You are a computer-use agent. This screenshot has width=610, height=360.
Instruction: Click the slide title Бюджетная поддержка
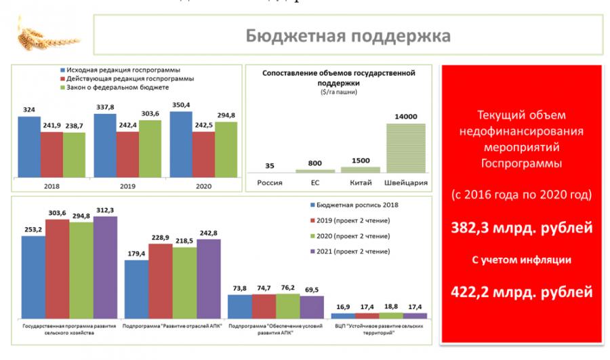pyautogui.click(x=348, y=35)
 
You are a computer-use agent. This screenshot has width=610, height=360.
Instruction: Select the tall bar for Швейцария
pyautogui.click(x=406, y=148)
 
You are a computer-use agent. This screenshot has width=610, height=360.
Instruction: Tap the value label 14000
pyautogui.click(x=406, y=117)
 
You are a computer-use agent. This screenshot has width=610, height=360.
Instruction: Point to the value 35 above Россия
pyautogui.click(x=270, y=166)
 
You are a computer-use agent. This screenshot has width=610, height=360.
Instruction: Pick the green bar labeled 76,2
pyautogui.click(x=288, y=306)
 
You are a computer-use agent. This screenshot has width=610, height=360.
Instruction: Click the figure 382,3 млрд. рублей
pyautogui.click(x=523, y=228)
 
